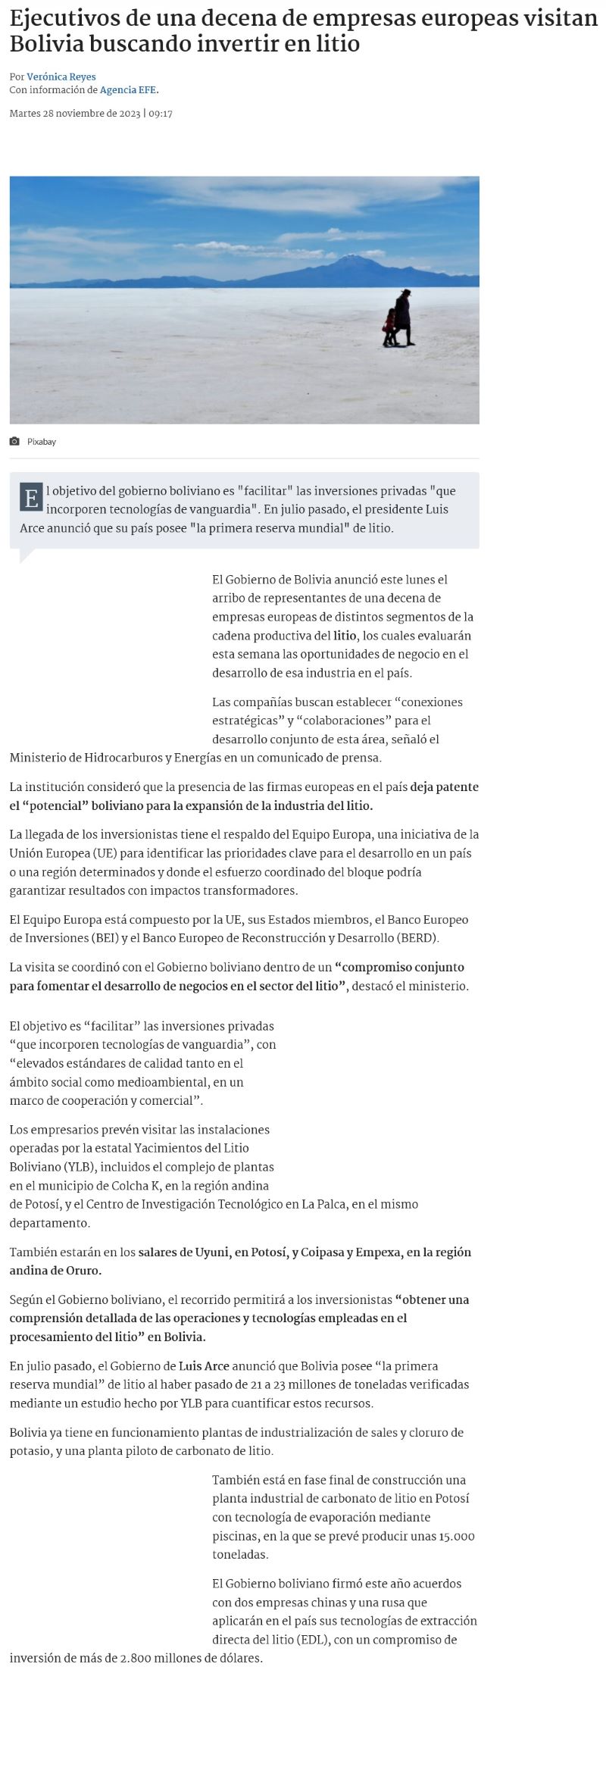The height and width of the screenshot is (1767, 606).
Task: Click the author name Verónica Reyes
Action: pyautogui.click(x=61, y=77)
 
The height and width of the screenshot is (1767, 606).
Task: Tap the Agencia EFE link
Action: pyautogui.click(x=128, y=89)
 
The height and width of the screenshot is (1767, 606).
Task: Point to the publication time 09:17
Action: pyautogui.click(x=161, y=114)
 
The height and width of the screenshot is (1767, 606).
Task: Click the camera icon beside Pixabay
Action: pyautogui.click(x=14, y=442)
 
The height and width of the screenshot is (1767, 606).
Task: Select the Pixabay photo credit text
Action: pyautogui.click(x=42, y=442)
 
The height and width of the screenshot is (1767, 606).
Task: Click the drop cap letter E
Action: pyautogui.click(x=31, y=499)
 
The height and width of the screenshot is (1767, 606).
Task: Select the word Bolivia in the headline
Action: pyautogui.click(x=46, y=44)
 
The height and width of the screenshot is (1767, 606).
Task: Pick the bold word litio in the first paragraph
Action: pyautogui.click(x=345, y=636)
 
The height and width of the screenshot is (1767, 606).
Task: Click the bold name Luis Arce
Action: pyautogui.click(x=205, y=1365)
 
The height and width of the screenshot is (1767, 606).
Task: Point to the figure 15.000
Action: pyautogui.click(x=457, y=1536)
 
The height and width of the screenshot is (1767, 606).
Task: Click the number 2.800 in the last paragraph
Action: pyautogui.click(x=136, y=1658)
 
